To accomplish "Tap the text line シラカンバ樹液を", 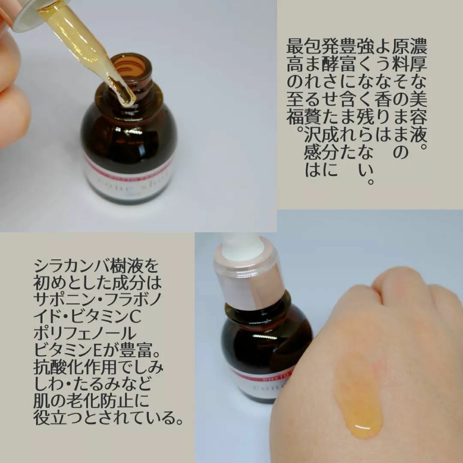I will [x=96, y=267].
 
